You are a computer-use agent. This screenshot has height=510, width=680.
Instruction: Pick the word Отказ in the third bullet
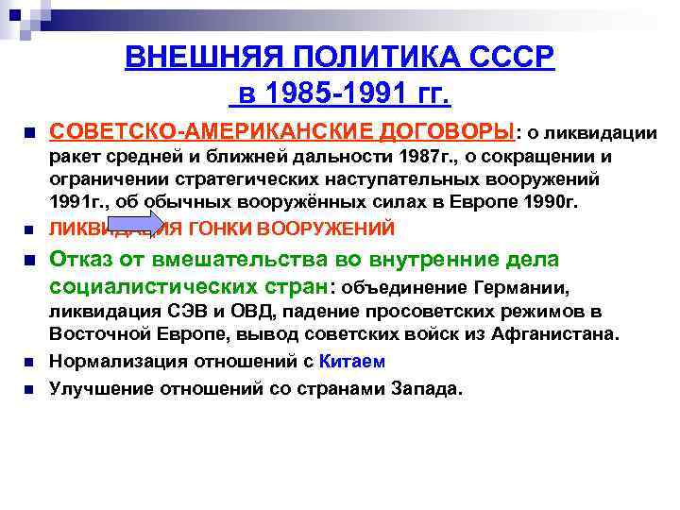(79, 260)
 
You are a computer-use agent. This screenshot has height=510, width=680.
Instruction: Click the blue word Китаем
(359, 361)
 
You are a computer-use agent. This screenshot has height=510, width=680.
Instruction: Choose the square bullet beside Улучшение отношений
(29, 387)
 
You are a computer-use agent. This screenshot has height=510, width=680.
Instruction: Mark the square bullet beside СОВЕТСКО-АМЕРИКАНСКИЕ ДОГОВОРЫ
(29, 130)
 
